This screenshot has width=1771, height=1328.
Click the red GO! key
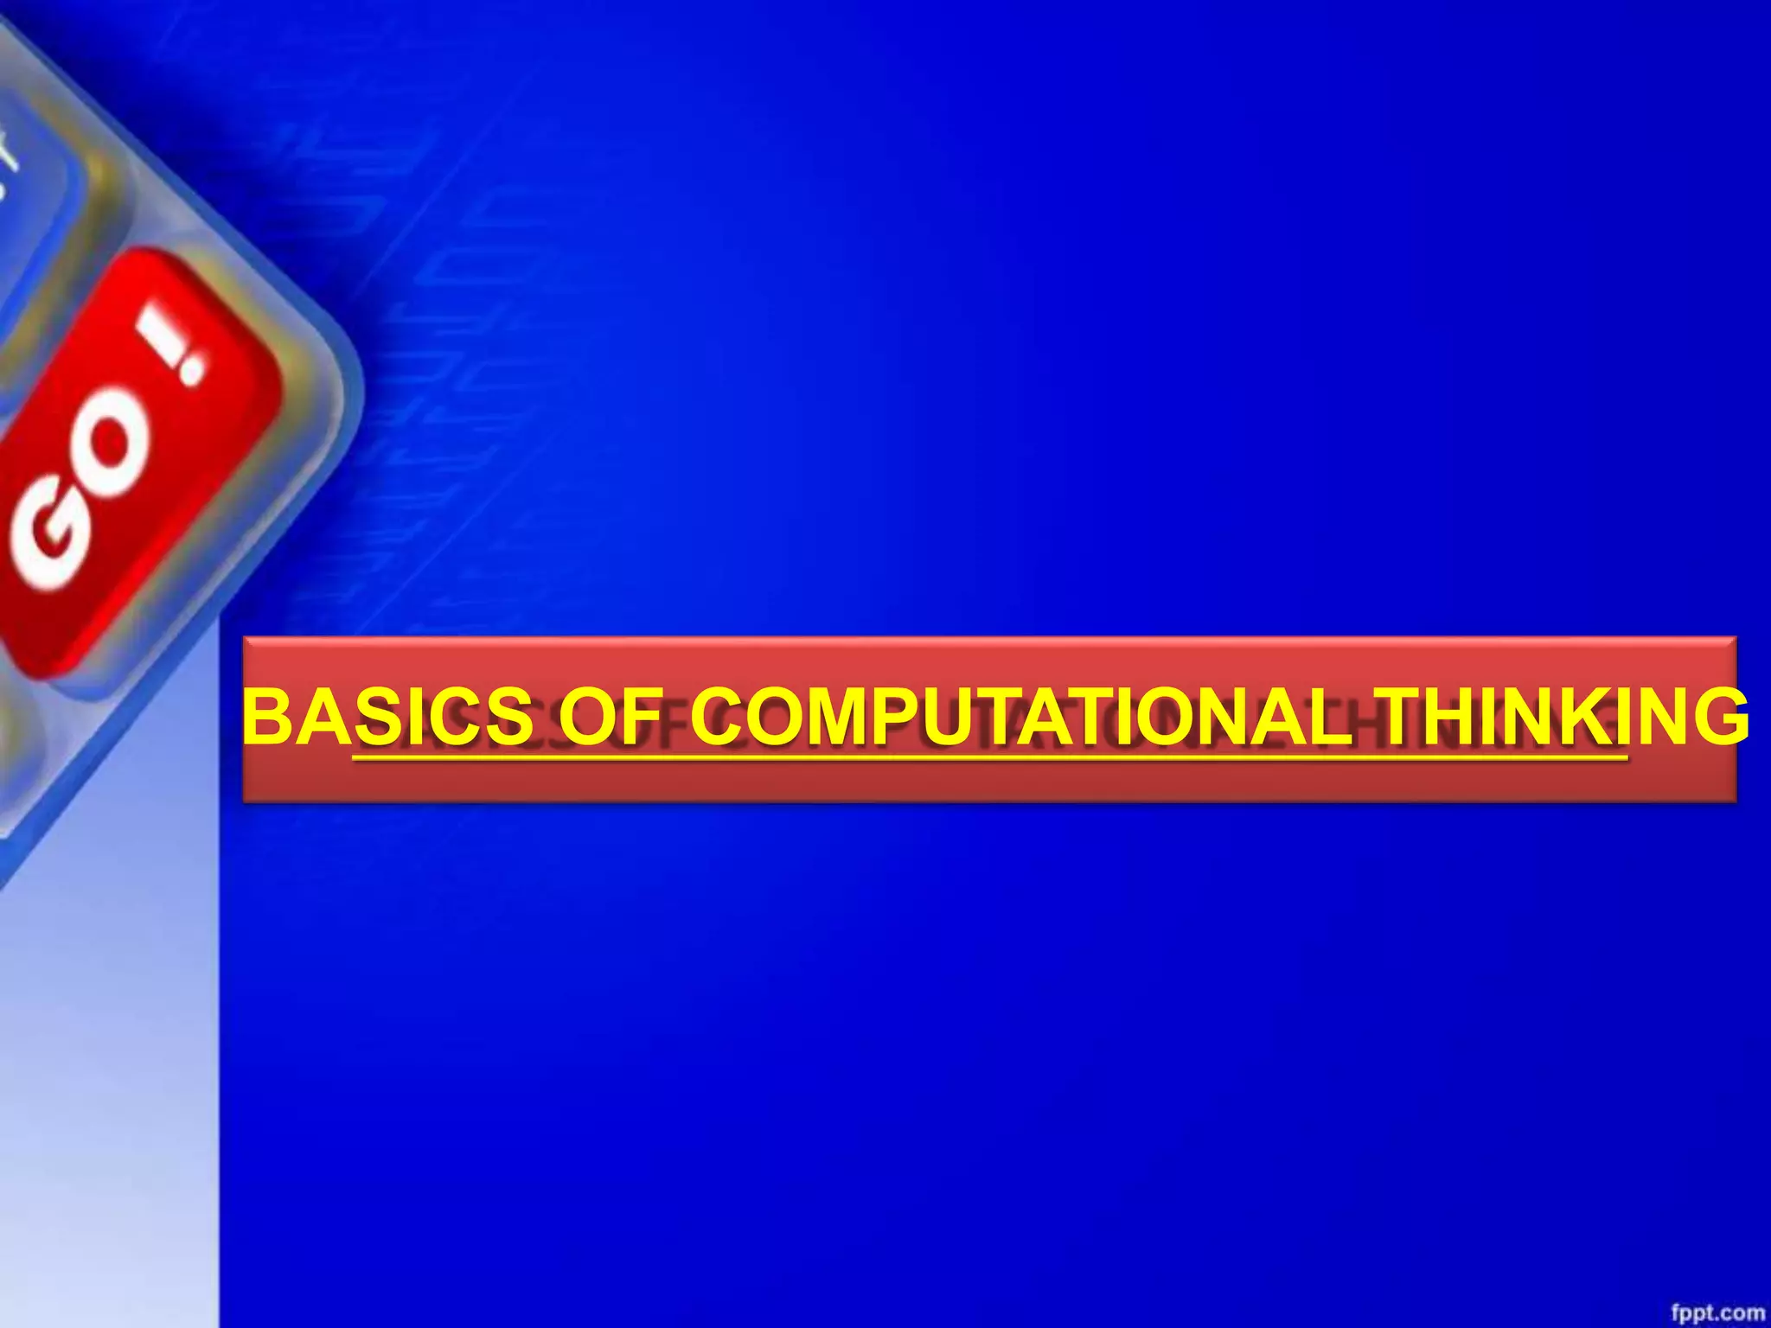[130, 458]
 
